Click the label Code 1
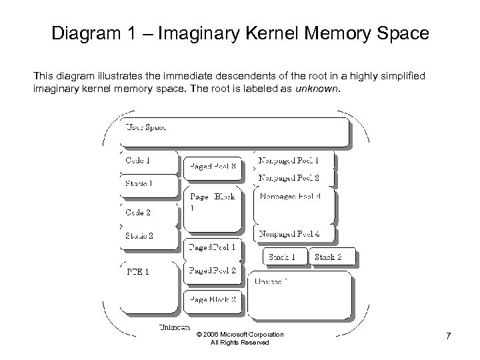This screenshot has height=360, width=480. point(138,160)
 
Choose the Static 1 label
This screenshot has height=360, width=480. point(139,183)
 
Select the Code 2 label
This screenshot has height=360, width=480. point(138,213)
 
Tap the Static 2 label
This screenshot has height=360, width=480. point(139,235)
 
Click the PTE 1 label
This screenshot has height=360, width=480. point(137,272)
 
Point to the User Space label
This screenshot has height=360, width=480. point(146,126)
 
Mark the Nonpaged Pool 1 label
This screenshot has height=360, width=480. point(289,161)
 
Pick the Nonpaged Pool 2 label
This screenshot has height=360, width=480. point(289,178)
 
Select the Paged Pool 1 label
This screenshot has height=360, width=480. point(213,247)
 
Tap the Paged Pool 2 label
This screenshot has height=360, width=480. point(213,271)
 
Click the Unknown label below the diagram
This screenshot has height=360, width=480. point(175,327)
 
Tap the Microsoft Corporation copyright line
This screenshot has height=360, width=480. point(240,335)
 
